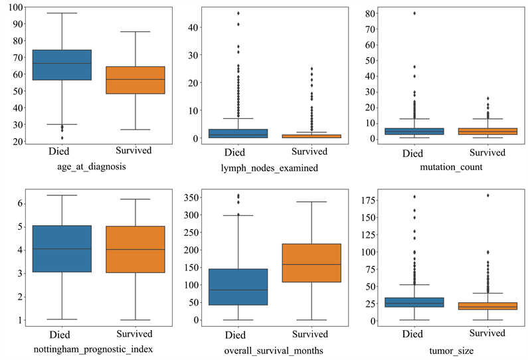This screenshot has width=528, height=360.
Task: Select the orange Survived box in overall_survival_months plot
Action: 312,263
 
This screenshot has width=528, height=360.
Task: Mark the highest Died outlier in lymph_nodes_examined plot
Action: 238,13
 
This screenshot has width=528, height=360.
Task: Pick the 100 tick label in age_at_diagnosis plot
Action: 13,7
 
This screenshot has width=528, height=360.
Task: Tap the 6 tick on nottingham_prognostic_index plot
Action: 19,203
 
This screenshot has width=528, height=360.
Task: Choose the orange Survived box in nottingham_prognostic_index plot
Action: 135,249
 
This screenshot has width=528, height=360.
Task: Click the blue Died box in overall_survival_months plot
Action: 238,287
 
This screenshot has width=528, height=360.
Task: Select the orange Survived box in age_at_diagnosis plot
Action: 135,80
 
